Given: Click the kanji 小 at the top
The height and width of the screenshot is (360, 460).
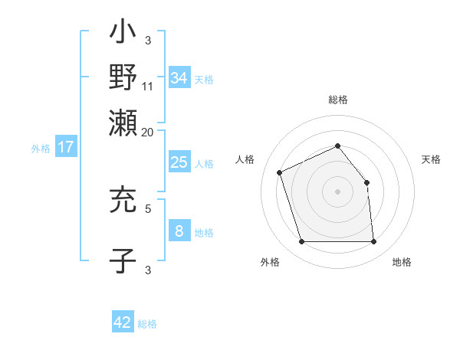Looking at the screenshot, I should (123, 34).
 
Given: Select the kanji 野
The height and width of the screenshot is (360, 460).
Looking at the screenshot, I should (123, 77).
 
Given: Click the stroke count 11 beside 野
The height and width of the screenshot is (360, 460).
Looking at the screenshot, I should (148, 87).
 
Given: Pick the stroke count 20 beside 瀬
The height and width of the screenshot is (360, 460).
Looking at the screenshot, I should (148, 131).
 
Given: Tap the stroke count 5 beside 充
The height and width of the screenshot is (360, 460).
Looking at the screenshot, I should (148, 207).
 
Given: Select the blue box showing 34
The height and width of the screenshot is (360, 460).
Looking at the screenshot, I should (179, 77).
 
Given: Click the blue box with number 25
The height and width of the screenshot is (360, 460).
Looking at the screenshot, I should (179, 162).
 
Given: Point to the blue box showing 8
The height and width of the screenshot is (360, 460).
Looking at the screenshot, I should (179, 231).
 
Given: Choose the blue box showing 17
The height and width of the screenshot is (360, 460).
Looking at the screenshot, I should (66, 147).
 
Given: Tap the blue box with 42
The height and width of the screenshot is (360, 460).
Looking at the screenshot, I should (123, 322).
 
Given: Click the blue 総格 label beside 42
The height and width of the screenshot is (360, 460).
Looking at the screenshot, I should (147, 324).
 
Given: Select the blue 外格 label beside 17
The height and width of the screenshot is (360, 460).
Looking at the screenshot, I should (41, 149).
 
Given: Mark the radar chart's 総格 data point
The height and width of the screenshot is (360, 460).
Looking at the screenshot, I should (337, 146).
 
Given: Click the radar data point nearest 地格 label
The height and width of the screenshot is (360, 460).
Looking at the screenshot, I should (373, 242).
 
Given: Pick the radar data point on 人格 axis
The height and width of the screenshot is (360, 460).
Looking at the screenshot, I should (280, 172).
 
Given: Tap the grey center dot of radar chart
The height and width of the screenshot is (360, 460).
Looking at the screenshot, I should (337, 191).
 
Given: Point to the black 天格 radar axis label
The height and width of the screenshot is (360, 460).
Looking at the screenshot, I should (432, 159).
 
